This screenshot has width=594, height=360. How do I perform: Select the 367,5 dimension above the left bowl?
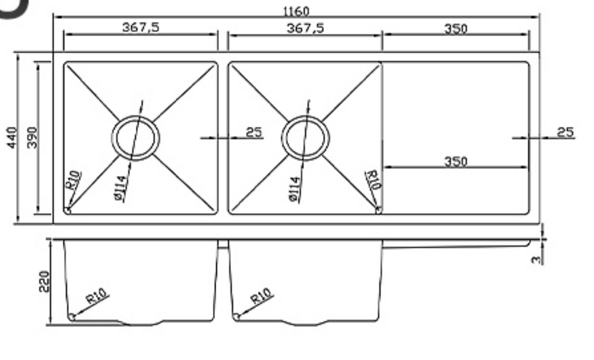pyautogui.click(x=140, y=28)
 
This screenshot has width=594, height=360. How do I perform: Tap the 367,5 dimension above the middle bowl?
pyautogui.click(x=305, y=28)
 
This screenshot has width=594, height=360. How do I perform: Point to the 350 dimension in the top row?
pyautogui.click(x=455, y=28)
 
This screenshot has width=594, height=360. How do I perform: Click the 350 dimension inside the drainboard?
pyautogui.click(x=455, y=161)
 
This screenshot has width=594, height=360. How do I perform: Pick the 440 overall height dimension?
pyautogui.click(x=11, y=137)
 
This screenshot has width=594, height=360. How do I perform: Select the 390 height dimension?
pyautogui.click(x=31, y=137)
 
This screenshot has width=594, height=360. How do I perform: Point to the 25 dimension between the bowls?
pyautogui.click(x=253, y=132)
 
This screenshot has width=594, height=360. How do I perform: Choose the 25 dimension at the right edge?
pyautogui.click(x=565, y=132)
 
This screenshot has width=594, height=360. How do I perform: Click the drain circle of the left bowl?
pyautogui.click(x=135, y=138)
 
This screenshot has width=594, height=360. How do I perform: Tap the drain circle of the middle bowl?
pyautogui.click(x=305, y=138)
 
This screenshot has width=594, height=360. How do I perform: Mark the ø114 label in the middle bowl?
pyautogui.click(x=294, y=188)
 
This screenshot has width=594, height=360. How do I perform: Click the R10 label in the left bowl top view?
pyautogui.click(x=73, y=181)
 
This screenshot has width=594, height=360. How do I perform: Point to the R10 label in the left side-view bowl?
pyautogui.click(x=97, y=297)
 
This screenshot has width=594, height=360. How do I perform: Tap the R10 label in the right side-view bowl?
pyautogui.click(x=262, y=297)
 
